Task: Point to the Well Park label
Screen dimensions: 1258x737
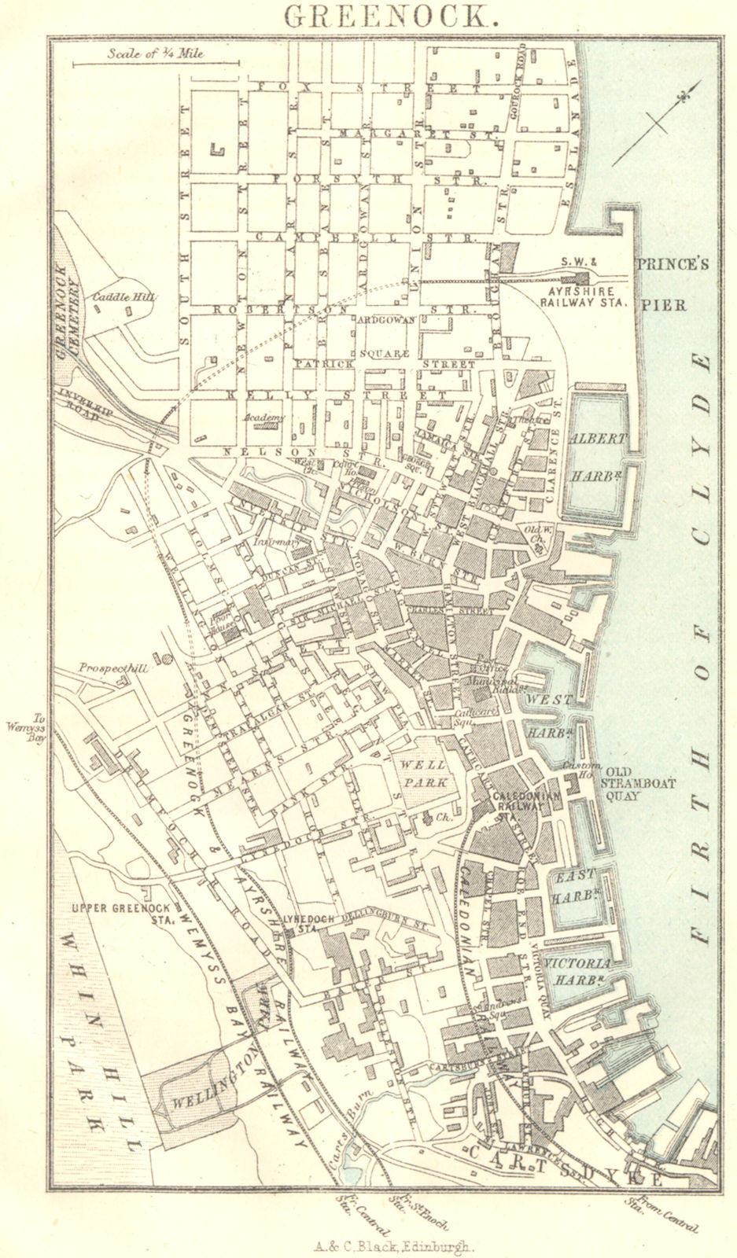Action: pos(423,773)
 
